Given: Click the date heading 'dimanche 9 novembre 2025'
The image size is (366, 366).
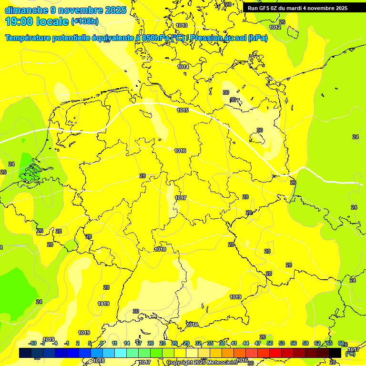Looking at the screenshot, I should pos(65,10).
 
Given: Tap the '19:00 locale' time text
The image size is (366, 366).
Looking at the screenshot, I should pos(37,21).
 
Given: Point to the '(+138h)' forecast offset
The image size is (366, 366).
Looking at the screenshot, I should pos(85,21).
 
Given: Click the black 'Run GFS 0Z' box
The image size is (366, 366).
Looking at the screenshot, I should pos(297,8).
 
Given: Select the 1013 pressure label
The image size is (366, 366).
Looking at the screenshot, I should pos(182,25).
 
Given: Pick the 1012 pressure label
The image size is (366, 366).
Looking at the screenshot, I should pos(275,27).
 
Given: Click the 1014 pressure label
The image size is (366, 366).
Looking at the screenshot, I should pos(183,67).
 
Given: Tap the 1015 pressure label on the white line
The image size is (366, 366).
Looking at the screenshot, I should pos(183,110).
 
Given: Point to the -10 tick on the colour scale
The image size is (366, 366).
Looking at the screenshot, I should pos(32,343).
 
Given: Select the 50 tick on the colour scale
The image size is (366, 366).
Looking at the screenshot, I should pos(270,343).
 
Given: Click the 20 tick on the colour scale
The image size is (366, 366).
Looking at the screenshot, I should pos(151,343).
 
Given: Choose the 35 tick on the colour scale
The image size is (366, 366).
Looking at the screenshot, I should pos(210,343).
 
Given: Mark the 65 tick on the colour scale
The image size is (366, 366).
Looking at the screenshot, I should pos(329,343).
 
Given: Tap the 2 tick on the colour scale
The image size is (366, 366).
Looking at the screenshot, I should pos(78,343).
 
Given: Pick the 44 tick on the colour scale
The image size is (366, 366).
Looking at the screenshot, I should pos(246,343).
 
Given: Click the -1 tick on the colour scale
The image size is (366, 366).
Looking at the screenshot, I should pos(67,343).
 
